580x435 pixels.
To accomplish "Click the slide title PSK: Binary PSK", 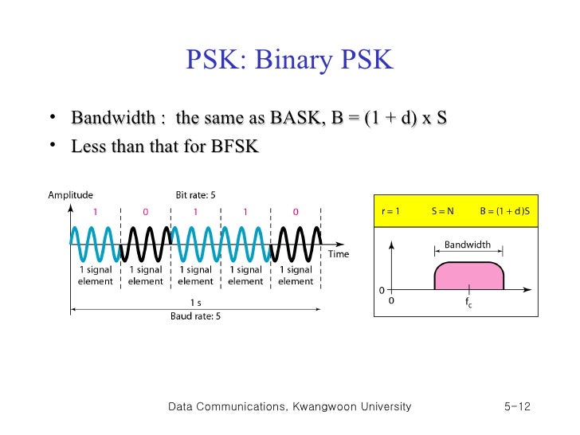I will (x=289, y=61).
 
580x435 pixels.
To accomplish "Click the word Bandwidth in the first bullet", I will (x=112, y=119).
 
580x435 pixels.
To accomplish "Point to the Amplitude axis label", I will (x=70, y=194).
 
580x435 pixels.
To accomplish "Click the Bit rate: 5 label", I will (x=196, y=194).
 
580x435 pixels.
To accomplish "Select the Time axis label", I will (x=339, y=254).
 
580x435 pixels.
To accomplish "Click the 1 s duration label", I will (x=195, y=303).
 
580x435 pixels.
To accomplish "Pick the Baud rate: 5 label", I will (x=195, y=316).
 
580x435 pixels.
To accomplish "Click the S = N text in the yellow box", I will (x=443, y=211).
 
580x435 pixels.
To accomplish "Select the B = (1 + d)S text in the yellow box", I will (x=504, y=211).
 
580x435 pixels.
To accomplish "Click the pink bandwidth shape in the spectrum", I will (x=468, y=276).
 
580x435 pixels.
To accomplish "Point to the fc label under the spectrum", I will (x=469, y=303).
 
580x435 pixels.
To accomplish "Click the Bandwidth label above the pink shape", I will (x=468, y=245).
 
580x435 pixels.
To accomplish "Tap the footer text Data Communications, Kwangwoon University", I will (x=290, y=407).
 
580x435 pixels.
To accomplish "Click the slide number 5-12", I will (x=517, y=407).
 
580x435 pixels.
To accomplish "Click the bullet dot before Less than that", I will (x=52, y=145).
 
